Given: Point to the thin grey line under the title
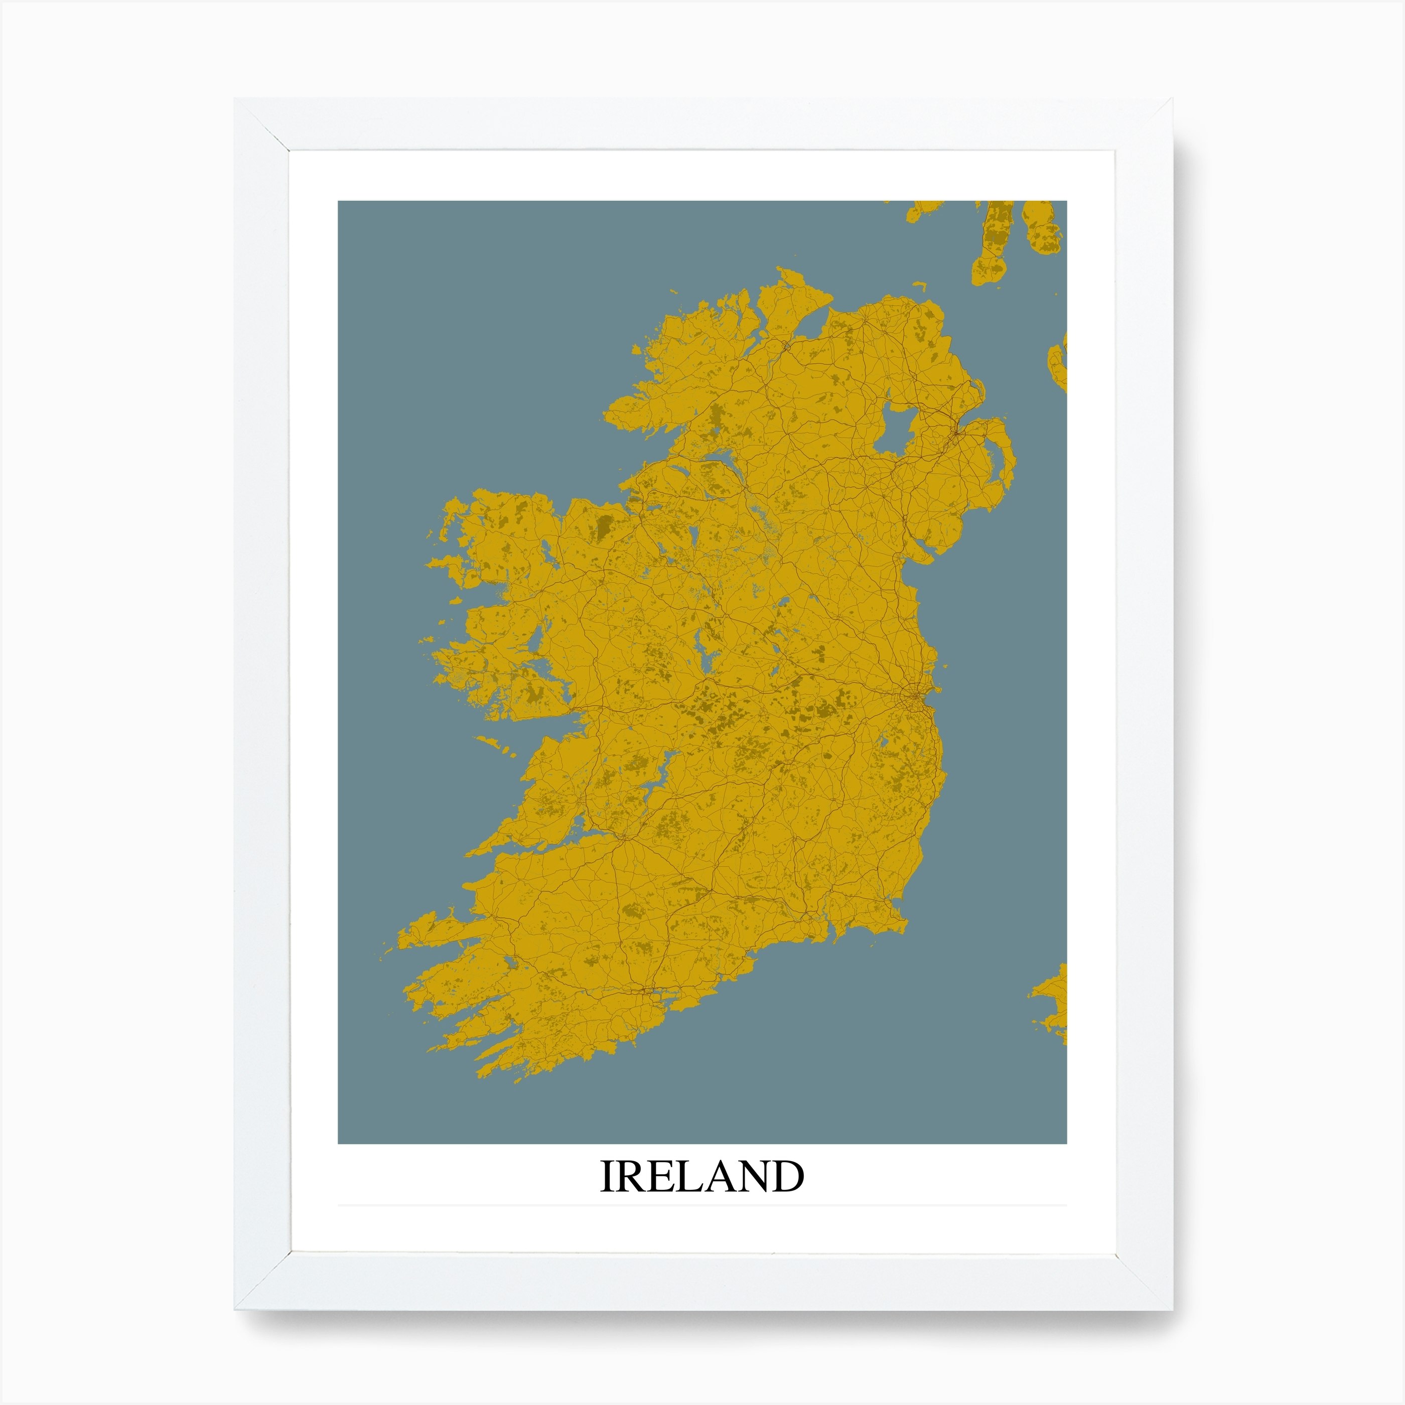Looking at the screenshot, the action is point(702,1205).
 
